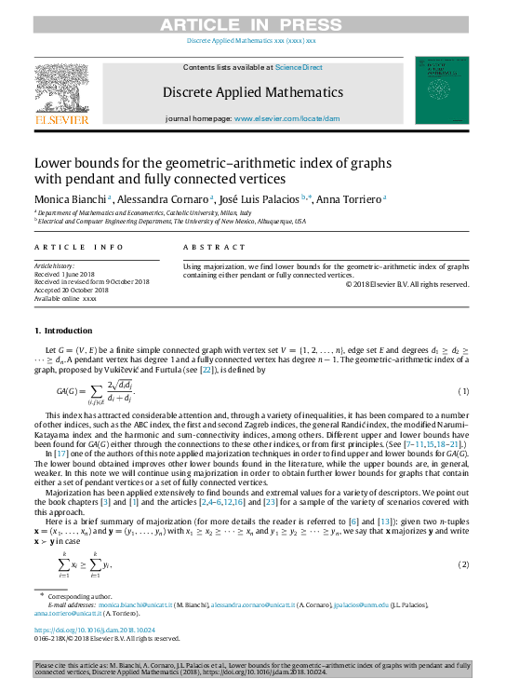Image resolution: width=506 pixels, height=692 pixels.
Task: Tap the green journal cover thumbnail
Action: [x=442, y=90]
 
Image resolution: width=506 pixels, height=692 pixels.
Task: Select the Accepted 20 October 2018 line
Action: [x=72, y=290]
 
